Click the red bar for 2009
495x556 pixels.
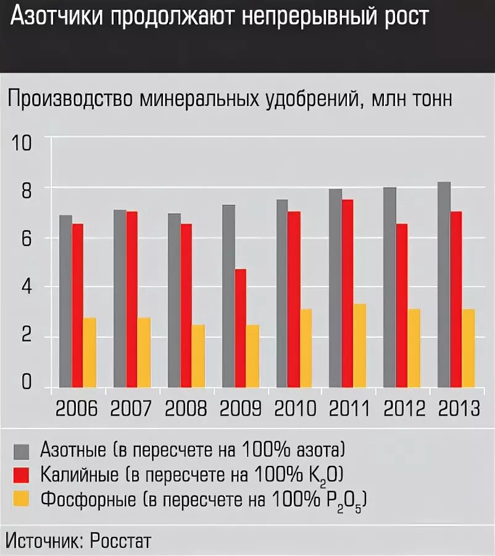point(240,328)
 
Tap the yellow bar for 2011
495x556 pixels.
point(359,345)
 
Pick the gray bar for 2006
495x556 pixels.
point(65,301)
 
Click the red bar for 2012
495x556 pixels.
point(402,305)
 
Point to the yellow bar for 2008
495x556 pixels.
point(198,356)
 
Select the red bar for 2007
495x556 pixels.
point(132,299)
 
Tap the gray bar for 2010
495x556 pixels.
point(282,293)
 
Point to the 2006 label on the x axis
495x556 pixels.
point(77,409)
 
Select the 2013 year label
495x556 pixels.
point(458,409)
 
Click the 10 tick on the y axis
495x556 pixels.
point(22,142)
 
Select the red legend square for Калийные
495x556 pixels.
point(22,475)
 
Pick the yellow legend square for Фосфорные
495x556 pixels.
point(22,499)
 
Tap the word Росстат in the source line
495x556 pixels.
point(120,541)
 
